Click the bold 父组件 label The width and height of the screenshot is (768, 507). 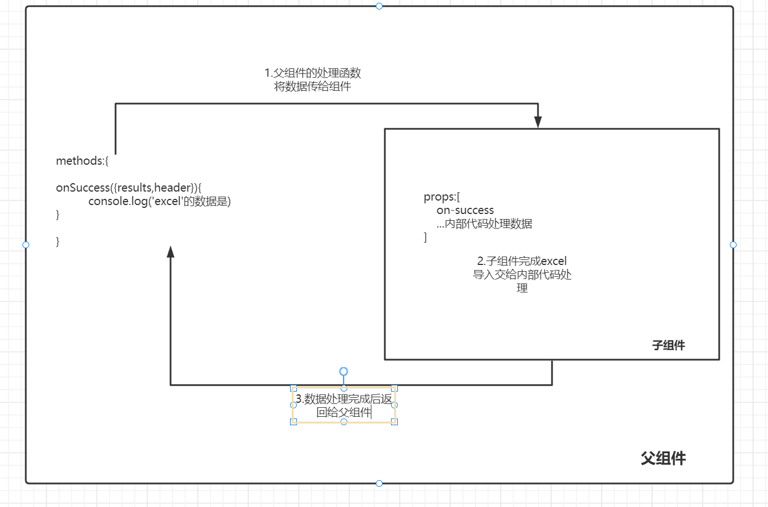[663, 458]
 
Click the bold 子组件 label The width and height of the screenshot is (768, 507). [668, 345]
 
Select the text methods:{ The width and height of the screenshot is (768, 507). [82, 161]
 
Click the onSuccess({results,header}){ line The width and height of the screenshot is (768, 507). [128, 188]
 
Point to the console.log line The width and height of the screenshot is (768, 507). [159, 201]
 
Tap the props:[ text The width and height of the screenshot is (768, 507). [442, 197]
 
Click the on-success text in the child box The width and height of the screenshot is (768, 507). [465, 211]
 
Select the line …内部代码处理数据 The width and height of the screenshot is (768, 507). [484, 224]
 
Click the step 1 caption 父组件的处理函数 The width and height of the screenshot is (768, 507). [312, 73]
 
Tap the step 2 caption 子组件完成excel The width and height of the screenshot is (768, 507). [522, 261]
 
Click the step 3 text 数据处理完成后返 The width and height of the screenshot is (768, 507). [344, 399]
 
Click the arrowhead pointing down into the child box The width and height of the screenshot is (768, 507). [538, 122]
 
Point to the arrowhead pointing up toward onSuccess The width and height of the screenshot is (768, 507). [171, 252]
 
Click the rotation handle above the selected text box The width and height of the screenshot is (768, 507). [344, 371]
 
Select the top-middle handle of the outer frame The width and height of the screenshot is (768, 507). [379, 6]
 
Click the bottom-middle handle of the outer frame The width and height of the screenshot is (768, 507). [379, 483]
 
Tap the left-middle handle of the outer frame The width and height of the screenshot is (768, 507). [26, 245]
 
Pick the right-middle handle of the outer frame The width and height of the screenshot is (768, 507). [733, 245]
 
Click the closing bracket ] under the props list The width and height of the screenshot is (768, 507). [425, 238]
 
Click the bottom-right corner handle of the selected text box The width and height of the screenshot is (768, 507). [394, 422]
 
